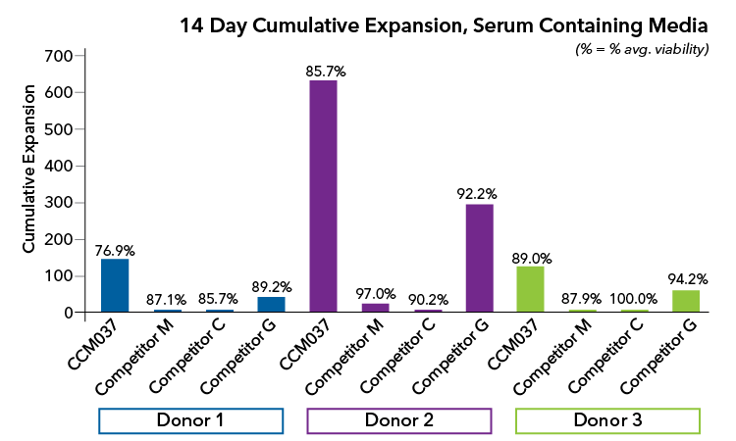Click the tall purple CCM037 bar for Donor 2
[x=323, y=196]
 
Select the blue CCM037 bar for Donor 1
[x=115, y=285]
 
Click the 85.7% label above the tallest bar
[x=323, y=72]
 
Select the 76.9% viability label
[x=115, y=250]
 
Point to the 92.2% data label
[x=479, y=194]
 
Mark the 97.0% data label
[x=375, y=293]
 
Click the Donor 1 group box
[x=191, y=420]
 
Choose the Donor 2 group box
[x=399, y=420]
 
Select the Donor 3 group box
[x=608, y=420]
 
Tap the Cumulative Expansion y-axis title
[x=30, y=170]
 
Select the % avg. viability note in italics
[x=641, y=49]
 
